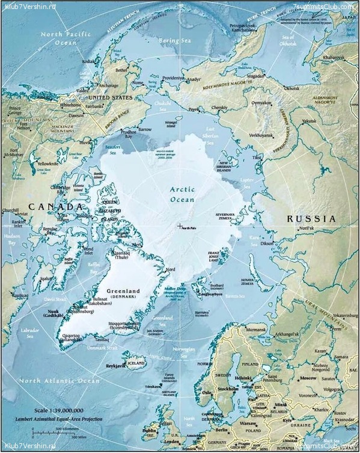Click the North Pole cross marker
coord(179,226)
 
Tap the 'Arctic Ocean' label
coord(183,194)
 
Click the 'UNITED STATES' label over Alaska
coord(111,97)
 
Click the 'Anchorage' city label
coord(109,85)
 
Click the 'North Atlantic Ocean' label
coord(59,381)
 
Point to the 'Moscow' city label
coord(309,377)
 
